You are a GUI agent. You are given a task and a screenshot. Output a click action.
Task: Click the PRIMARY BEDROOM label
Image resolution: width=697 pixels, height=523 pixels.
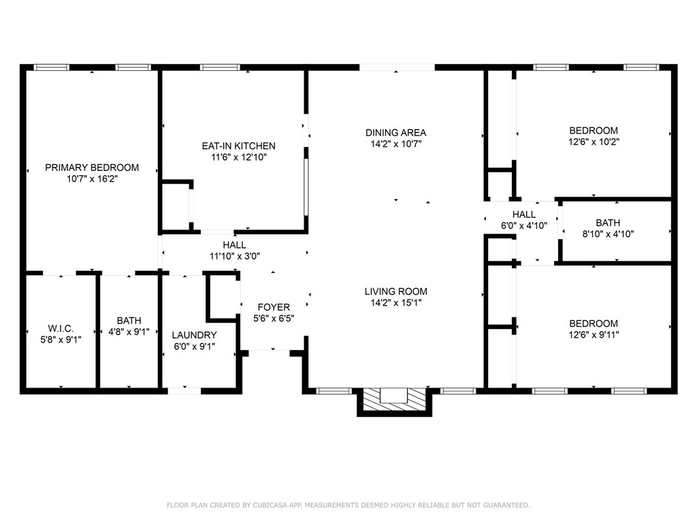coord(92,168)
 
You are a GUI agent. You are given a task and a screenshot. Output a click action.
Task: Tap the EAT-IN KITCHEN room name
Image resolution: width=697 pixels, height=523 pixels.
coord(239,146)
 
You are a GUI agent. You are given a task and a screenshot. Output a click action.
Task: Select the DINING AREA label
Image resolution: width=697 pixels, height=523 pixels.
coord(395,133)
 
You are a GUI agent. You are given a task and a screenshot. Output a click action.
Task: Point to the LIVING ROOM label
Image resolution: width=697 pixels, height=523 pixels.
coord(395,291)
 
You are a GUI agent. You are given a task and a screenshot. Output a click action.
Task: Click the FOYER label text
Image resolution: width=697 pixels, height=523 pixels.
coord(274,307)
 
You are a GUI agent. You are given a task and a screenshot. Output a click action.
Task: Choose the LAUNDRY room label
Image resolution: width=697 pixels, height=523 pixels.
coord(194,335)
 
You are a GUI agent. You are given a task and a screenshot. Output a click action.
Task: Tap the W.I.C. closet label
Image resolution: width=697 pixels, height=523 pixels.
coord(61,329)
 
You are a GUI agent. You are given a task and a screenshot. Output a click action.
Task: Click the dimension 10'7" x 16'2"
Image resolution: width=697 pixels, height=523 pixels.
coord(92,179)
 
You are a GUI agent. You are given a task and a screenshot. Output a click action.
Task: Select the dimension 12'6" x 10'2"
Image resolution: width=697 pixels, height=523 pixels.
coord(594,142)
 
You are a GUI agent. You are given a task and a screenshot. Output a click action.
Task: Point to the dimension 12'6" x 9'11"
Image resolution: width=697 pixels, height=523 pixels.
coord(594,334)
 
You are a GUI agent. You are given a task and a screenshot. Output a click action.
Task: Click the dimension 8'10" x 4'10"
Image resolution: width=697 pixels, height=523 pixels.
coord(608,234)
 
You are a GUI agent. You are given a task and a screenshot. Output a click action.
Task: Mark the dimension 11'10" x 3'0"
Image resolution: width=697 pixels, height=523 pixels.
coord(235,256)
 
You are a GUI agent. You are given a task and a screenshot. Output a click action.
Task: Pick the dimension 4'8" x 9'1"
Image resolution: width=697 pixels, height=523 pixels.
coord(129,332)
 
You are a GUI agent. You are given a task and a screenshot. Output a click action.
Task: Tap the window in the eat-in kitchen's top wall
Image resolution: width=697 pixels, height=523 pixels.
coord(220,67)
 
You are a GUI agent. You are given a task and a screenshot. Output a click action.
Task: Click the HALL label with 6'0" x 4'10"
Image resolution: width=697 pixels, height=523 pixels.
coord(524,215)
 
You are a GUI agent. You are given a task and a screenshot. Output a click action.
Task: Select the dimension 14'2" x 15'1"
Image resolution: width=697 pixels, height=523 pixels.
coord(395,303)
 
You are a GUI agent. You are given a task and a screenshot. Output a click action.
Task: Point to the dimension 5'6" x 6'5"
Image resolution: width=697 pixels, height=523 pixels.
coord(274,319)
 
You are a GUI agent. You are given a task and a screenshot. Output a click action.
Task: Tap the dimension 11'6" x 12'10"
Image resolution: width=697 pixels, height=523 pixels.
coord(239,157)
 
